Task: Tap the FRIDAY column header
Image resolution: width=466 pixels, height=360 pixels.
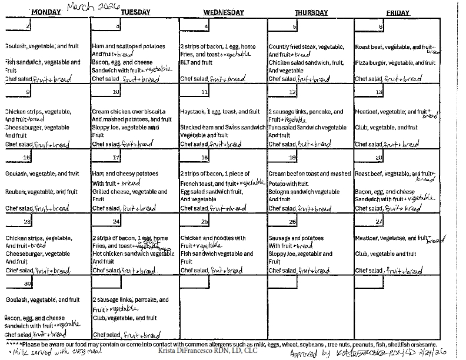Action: (x=398, y=12)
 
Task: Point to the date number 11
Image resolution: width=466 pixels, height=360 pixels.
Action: (x=204, y=92)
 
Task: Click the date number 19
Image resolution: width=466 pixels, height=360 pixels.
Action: (x=292, y=158)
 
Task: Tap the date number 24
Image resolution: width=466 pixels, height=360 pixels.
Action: (x=116, y=222)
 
